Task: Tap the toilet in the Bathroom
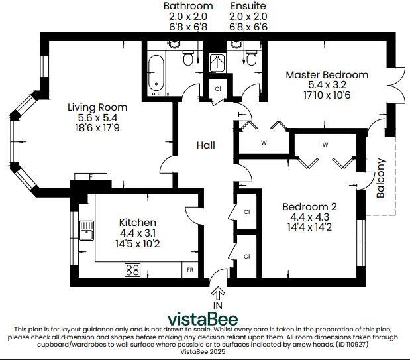pyautogui.click(x=187, y=60)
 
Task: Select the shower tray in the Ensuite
pyautogui.click(x=217, y=62)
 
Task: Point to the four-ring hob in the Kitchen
pyautogui.click(x=132, y=270)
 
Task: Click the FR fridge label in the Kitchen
pyautogui.click(x=190, y=270)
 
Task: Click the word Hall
pyautogui.click(x=205, y=145)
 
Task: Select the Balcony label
pyautogui.click(x=381, y=178)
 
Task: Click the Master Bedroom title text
pyautogui.click(x=327, y=75)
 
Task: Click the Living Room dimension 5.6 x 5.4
pyautogui.click(x=97, y=118)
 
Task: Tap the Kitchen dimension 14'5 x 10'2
pyautogui.click(x=137, y=244)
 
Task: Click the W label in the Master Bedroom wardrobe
pyautogui.click(x=264, y=142)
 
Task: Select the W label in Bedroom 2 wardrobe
pyautogui.click(x=325, y=144)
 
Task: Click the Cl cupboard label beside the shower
pyautogui.click(x=217, y=89)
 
